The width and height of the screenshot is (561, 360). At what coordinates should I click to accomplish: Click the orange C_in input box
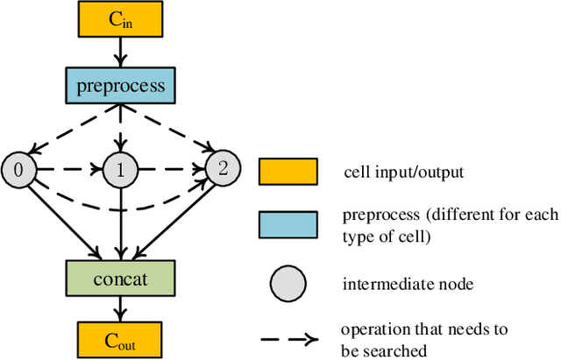pos(121,20)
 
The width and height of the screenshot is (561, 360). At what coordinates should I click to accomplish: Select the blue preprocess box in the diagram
pos(121,87)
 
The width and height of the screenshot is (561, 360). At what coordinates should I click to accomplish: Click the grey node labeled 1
pos(121,168)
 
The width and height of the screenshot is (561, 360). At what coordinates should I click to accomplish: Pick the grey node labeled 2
pos(223,168)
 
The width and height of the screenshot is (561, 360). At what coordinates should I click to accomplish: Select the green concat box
pos(121,279)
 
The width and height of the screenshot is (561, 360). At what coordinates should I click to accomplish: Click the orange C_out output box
pos(121,337)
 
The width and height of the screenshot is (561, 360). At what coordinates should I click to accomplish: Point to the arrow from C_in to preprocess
pos(121,53)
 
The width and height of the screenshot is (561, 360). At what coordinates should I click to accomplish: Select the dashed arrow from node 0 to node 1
pos(70,168)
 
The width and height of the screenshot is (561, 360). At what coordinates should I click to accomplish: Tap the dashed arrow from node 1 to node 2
pos(172,168)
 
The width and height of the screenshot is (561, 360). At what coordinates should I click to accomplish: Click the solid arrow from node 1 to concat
pos(121,223)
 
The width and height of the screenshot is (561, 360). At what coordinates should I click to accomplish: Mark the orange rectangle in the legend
pos(288,172)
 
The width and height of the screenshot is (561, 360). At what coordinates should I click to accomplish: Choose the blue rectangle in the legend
pos(288,224)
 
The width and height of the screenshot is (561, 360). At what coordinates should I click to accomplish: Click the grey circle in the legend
pos(288,283)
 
